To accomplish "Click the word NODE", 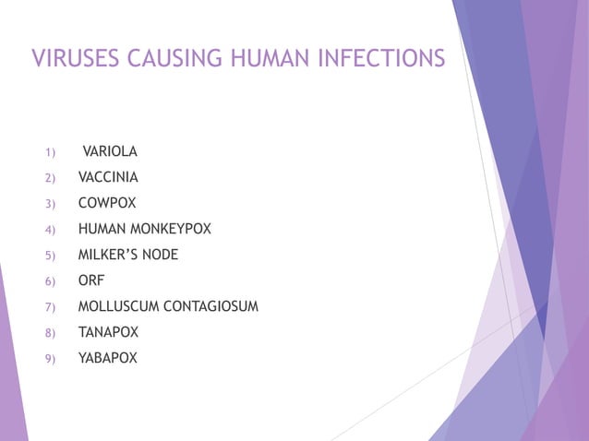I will [x=160, y=255].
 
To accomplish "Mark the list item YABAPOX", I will [x=108, y=358].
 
